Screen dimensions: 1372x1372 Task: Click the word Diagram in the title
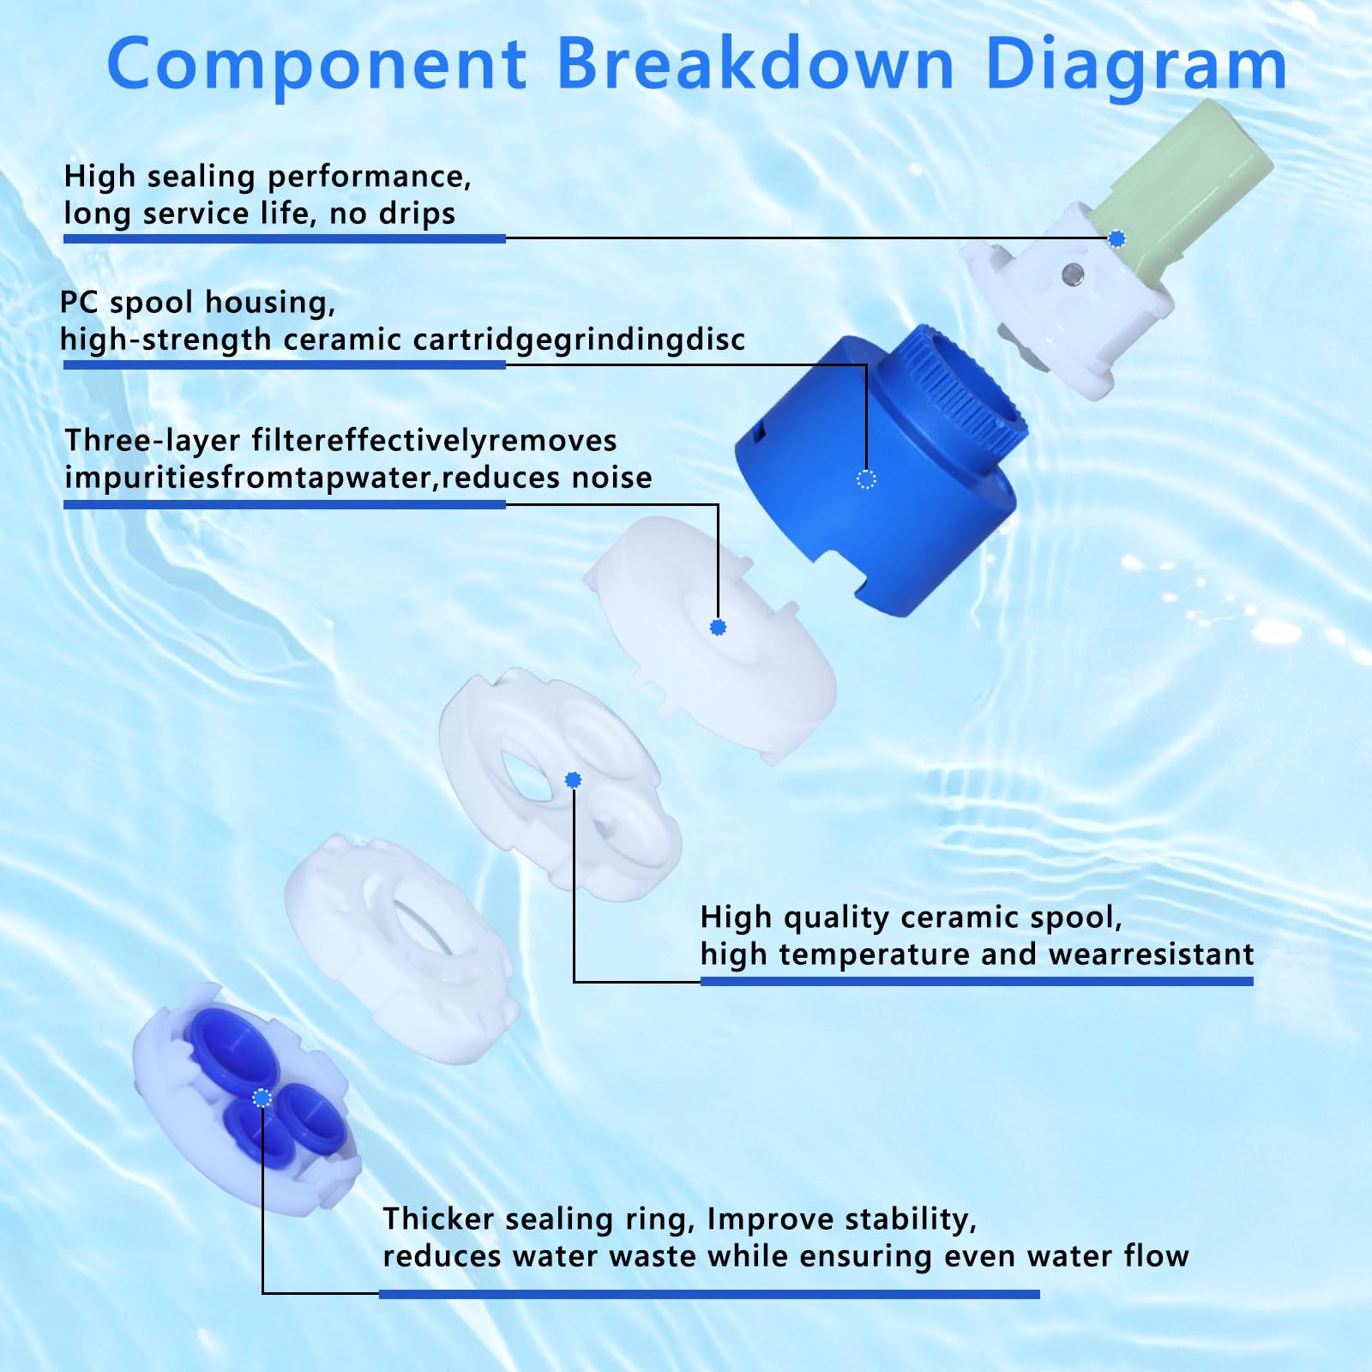[1136, 64]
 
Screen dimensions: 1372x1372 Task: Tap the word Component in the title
[316, 64]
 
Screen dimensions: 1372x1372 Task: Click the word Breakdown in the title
[755, 64]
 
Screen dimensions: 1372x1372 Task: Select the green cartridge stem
[1192, 180]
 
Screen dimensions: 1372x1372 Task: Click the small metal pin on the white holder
[1071, 274]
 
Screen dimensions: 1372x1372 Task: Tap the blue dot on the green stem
[1116, 239]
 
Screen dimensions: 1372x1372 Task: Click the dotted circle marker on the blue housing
[866, 479]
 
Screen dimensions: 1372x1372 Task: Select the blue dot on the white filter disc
[719, 628]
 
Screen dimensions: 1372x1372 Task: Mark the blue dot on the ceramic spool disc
[574, 779]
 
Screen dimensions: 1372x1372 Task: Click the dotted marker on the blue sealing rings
[262, 1098]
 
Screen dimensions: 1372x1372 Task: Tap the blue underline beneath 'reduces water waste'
[708, 1294]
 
